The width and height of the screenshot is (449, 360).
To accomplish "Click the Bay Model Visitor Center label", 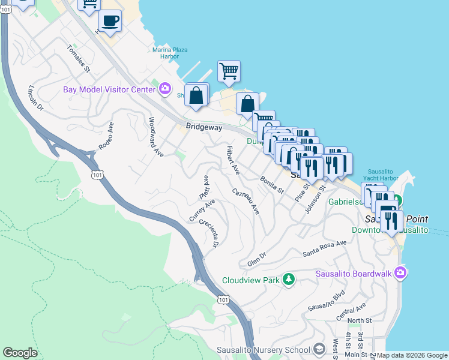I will click(109, 90).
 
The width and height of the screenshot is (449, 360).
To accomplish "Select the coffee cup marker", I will click(110, 22).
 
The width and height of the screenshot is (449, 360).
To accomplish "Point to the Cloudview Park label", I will click(251, 280).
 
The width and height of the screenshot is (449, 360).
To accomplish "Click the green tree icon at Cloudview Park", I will click(289, 280).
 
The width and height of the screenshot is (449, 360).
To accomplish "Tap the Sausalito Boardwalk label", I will click(354, 274).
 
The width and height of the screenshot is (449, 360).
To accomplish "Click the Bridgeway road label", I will click(203, 127).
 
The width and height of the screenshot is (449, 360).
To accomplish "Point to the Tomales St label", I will click(78, 59).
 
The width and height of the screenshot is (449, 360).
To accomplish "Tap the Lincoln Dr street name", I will click(36, 98).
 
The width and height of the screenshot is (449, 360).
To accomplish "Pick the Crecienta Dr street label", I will click(209, 234).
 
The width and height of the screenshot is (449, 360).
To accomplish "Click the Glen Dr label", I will click(259, 261).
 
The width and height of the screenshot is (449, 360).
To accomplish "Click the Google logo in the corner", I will click(20, 353).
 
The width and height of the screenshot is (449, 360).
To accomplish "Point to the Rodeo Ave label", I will click(106, 136).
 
